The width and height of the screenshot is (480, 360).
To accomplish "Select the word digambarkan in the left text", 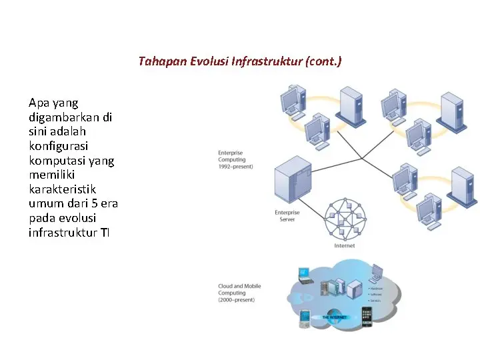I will click(x=70, y=117).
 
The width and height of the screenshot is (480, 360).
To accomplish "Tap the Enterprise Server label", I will click(x=287, y=215).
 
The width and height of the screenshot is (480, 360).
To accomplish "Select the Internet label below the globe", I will click(x=345, y=246).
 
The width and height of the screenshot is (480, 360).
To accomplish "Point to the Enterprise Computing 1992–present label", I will click(x=235, y=159).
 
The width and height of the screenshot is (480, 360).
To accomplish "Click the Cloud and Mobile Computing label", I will click(x=239, y=293).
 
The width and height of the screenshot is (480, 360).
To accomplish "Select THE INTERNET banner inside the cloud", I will click(x=335, y=317).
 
